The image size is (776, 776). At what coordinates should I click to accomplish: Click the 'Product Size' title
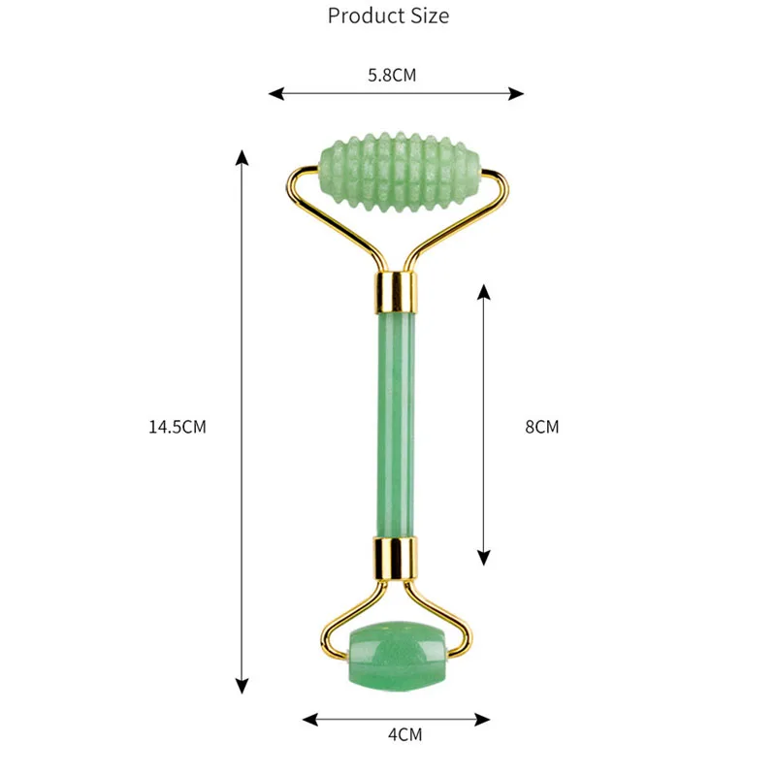pos(388,16)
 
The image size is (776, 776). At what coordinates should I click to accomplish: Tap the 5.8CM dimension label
pos(392,75)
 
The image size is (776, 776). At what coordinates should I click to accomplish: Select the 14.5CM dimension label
pos(178,425)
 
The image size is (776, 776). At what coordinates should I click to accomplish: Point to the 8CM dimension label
pos(542,425)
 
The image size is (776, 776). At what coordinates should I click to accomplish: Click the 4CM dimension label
pos(404,734)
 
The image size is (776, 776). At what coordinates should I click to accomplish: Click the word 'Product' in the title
pos(365,16)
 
